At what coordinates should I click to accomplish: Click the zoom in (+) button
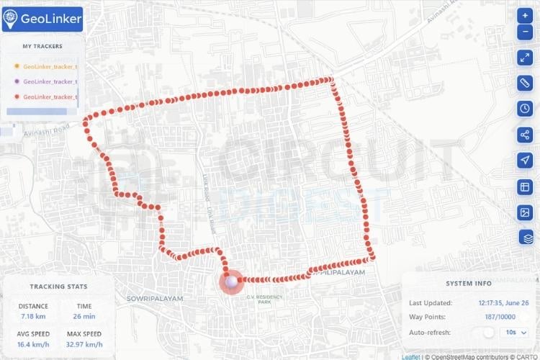pos(525,15)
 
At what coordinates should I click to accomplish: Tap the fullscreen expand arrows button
pos(525,58)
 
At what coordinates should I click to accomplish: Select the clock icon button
pos(525,109)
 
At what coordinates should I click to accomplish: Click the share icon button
pos(525,135)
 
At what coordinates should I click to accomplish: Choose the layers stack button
pos(525,237)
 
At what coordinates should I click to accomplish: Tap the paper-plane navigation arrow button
pos(525,161)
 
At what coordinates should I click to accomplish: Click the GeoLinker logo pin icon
pos(11,19)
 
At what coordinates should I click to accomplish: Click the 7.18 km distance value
pos(33,316)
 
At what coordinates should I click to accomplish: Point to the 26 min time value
pos(84,316)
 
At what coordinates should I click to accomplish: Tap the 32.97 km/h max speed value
pos(84,344)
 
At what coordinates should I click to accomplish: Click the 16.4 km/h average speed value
pos(33,344)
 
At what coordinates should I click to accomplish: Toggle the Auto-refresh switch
pos(489,332)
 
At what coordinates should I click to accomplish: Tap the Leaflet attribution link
pos(410,356)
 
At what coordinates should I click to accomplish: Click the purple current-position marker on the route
pos(231,282)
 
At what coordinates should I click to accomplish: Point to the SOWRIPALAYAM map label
pos(155,298)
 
